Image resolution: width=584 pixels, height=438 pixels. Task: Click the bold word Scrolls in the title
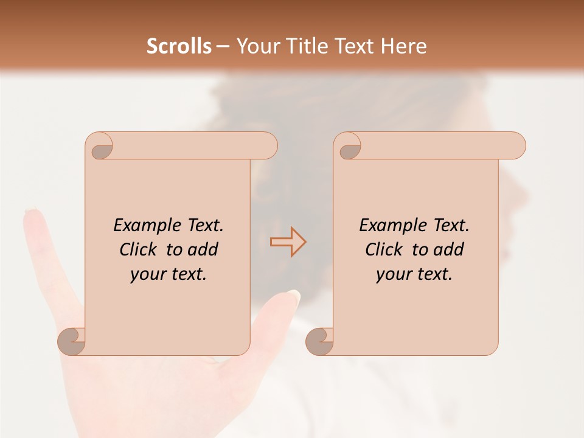pos(179,46)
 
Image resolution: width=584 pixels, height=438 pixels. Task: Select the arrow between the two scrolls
pos(288,242)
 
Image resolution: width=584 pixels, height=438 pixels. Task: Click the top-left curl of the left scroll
pos(101,148)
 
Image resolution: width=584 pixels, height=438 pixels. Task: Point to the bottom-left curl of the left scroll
pos(71,341)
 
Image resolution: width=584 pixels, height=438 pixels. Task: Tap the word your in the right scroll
pos(392,274)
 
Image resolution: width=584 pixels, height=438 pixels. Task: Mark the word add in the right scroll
pos(450,249)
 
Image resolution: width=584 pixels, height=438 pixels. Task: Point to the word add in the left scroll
pos(204,249)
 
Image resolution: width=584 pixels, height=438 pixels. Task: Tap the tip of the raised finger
pos(30,214)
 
